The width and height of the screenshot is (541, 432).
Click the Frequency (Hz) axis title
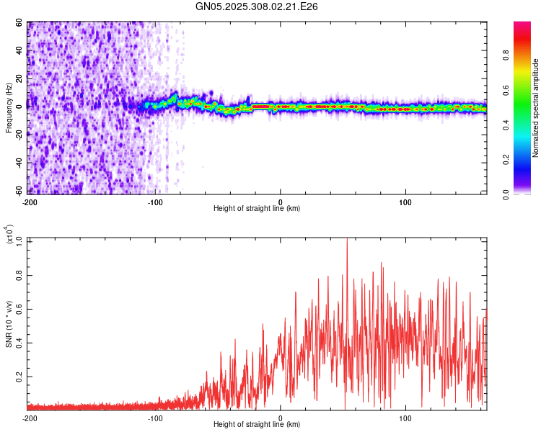(9, 107)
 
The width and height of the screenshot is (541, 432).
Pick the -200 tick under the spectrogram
(30, 202)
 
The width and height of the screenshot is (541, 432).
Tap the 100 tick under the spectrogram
(405, 202)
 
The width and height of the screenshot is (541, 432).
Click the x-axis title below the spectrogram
(258, 209)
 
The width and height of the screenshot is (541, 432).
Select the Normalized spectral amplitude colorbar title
(536, 108)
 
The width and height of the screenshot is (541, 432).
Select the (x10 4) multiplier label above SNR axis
(9, 235)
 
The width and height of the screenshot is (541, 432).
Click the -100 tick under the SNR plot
(155, 418)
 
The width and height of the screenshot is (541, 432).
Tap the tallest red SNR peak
(347, 240)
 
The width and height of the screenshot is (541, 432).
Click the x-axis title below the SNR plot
(258, 426)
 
